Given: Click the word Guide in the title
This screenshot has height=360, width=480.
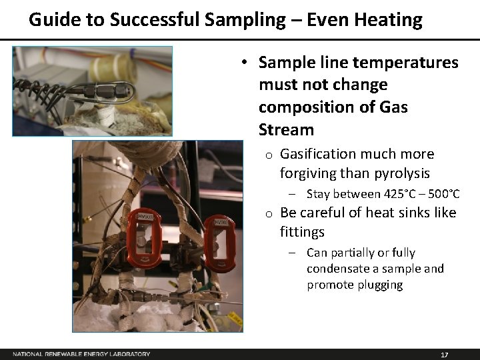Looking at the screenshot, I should pyautogui.click(x=51, y=20).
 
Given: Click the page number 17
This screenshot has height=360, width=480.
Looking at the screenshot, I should pyautogui.click(x=445, y=354).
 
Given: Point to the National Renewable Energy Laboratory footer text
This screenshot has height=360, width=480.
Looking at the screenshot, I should pyautogui.click(x=81, y=354).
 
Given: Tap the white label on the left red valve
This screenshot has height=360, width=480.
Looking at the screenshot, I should pyautogui.click(x=145, y=217).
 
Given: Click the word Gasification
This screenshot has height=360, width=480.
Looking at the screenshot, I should pyautogui.click(x=318, y=154).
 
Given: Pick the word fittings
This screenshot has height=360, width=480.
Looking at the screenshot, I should pyautogui.click(x=302, y=232).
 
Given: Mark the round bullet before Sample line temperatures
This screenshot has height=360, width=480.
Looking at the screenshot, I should pyautogui.click(x=245, y=63).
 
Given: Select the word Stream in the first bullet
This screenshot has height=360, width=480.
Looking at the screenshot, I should pyautogui.click(x=286, y=129).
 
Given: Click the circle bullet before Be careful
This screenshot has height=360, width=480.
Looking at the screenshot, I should pyautogui.click(x=266, y=213).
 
